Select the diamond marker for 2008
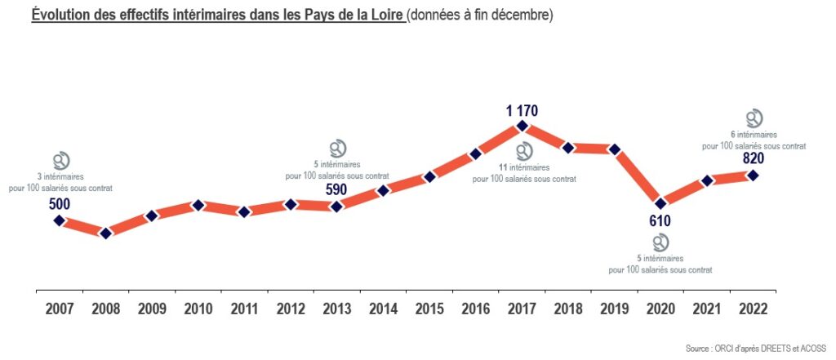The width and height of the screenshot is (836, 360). [105, 233]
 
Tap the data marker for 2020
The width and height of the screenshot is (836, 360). [660, 202]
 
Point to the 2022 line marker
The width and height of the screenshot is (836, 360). [753, 175]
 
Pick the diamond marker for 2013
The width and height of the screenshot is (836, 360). [336, 207]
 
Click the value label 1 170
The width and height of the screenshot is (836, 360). [522, 110]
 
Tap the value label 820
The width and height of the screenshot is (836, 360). [753, 158]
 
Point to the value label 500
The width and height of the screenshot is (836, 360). [60, 203]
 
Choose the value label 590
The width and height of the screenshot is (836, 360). [336, 190]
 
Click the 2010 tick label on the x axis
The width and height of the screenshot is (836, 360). [198, 309]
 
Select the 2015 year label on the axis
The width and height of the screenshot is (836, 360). [429, 309]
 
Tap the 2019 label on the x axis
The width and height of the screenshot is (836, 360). [615, 309]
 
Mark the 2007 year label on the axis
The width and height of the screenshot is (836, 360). [60, 309]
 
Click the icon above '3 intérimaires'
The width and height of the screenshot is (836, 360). [60, 160]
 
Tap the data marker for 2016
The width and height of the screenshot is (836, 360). [476, 154]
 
